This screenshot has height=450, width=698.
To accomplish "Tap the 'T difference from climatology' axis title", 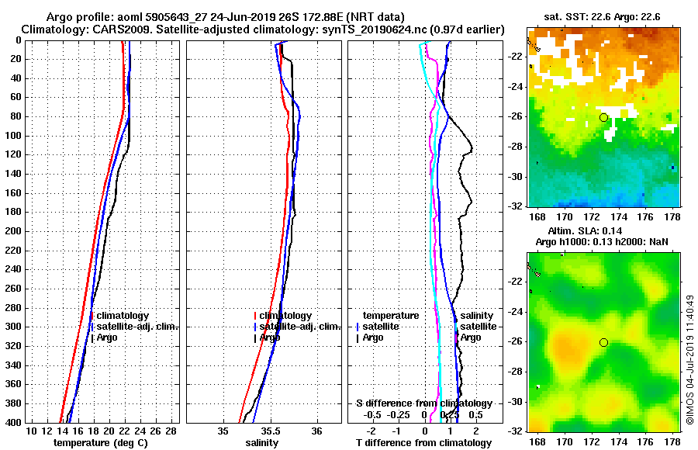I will click(423, 442).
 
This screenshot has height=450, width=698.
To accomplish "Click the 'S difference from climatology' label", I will click(423, 403).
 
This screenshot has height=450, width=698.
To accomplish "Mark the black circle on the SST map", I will click(603, 117).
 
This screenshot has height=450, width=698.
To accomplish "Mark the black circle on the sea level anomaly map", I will click(603, 342).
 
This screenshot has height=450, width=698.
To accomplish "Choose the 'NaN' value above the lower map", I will click(658, 242).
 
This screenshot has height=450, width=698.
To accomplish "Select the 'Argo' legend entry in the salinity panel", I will click(269, 337).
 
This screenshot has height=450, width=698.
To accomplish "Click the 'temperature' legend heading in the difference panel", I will click(391, 316).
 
